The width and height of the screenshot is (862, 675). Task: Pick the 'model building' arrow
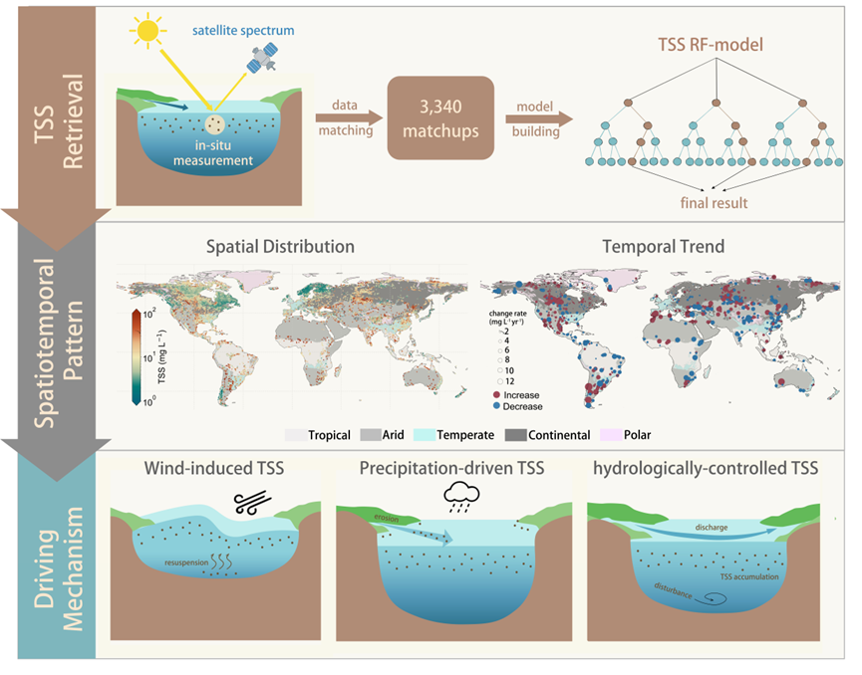click(540, 119)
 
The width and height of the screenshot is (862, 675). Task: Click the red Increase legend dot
click(496, 395)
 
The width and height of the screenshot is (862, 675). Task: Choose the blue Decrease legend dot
click(496, 407)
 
